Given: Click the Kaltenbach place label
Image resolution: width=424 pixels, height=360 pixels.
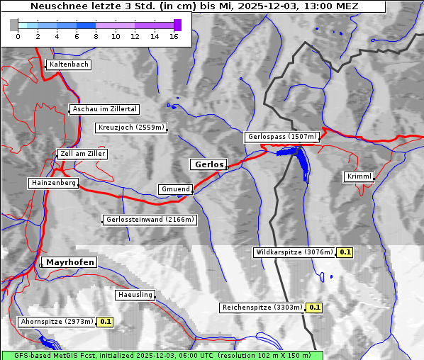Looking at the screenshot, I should coord(69,64).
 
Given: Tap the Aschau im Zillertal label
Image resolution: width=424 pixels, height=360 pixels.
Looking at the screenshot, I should coord(105,109).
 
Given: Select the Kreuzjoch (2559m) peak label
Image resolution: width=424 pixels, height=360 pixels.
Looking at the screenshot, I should coord(131,128).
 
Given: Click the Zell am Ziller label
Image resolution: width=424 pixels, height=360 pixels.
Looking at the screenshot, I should coord(83,154).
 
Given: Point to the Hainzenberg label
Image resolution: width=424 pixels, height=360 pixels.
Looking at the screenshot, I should coord(53,183).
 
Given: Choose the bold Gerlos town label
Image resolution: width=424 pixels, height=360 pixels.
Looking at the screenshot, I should coord(208,164).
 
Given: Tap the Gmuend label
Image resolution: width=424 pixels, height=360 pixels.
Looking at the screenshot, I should coord(175,189).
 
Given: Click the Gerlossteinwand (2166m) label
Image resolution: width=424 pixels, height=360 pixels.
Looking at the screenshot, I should coord(150,220).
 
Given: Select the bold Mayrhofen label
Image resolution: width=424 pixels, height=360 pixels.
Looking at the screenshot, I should coord(70,262).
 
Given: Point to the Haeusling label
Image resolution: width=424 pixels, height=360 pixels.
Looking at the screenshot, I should coord(135,295).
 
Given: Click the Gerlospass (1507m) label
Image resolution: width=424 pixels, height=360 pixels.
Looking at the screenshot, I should coord(281,137).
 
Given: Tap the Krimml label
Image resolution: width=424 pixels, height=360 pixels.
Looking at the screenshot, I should coord(359,176).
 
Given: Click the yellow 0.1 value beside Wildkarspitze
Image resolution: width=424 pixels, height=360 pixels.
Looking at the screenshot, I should coord(345,252).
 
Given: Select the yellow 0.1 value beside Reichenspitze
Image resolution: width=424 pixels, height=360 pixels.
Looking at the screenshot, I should coord(314,308).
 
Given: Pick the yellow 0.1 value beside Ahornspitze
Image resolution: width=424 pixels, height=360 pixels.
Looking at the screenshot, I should coord(105,322).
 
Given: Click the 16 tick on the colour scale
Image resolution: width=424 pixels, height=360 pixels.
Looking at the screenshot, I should coord(174,35).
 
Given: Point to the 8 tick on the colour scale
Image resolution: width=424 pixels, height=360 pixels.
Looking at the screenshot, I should coord(96,35).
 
